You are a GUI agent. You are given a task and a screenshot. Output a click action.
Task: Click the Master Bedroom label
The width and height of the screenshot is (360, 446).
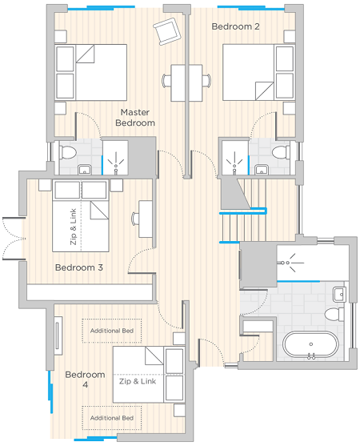pyautogui.click(x=135, y=118)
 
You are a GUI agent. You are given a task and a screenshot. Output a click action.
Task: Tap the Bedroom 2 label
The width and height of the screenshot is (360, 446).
pyautogui.click(x=235, y=26)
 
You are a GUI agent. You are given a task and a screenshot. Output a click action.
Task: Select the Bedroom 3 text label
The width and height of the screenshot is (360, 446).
pyautogui.click(x=79, y=267)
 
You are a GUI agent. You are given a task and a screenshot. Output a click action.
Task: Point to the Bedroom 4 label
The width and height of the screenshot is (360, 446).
pyautogui.click(x=85, y=380)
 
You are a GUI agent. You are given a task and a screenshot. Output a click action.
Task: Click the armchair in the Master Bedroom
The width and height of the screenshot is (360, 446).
pyautogui.click(x=167, y=31)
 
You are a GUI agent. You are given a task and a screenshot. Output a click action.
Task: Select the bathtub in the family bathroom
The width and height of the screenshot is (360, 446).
pyautogui.click(x=311, y=344)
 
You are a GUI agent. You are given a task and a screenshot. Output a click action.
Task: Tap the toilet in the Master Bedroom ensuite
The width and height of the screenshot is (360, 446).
pyautogui.click(x=67, y=152)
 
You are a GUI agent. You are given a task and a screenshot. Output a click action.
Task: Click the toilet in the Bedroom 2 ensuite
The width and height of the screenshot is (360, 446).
pyautogui.click(x=281, y=152)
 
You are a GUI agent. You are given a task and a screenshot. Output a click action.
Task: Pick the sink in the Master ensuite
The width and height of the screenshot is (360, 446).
pyautogui.click(x=85, y=170)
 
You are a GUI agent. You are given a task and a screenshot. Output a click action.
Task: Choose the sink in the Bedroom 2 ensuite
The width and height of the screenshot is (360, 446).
pyautogui.click(x=261, y=170)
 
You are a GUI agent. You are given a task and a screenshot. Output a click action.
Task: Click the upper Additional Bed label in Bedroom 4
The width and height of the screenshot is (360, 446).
pyautogui.click(x=112, y=331)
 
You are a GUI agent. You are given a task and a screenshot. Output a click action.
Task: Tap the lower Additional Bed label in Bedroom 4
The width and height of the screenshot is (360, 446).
pyautogui.click(x=112, y=418)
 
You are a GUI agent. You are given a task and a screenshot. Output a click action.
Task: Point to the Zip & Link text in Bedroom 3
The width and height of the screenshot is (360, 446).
pyautogui.click(x=74, y=227)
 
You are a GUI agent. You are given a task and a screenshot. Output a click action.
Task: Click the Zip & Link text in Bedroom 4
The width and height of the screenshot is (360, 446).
pyautogui.click(x=138, y=381)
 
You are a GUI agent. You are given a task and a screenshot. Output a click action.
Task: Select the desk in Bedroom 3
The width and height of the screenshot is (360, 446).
pyautogui.click(x=146, y=219)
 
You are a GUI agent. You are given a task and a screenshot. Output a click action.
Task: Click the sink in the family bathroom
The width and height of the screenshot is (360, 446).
pyautogui.click(x=339, y=294)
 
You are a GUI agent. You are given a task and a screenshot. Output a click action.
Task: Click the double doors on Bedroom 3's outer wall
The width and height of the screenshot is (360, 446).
pyautogui.click(x=14, y=239)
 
